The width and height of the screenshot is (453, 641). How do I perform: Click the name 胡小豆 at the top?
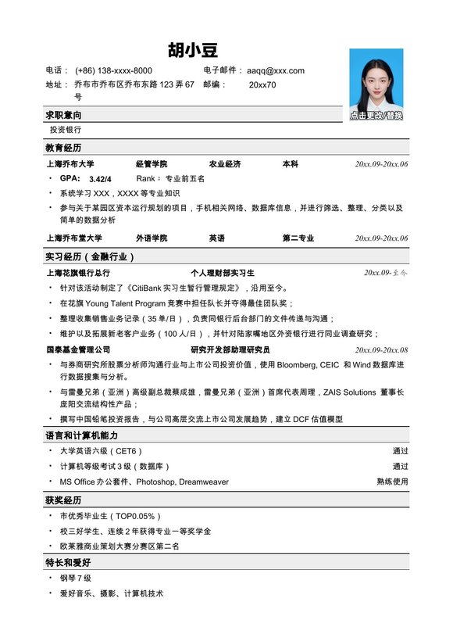pos(194,51)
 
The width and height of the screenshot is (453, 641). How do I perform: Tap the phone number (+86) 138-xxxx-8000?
pos(113,70)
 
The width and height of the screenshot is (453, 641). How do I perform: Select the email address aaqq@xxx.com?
pos(275,70)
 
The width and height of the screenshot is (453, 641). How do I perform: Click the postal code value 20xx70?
pos(262,84)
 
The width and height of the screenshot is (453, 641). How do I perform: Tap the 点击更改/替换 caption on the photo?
pos(376,116)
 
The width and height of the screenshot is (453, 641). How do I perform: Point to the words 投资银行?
pos(65,130)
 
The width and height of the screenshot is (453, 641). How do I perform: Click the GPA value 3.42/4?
pos(101,179)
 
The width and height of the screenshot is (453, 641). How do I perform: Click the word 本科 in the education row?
pos(290,164)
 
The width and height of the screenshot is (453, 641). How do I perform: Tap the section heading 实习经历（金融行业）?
pos(91,256)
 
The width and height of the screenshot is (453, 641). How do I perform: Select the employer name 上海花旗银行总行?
pos(78,273)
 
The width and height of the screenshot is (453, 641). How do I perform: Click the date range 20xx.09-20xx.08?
pos(381,350)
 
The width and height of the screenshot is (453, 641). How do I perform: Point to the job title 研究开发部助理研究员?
pos(230,350)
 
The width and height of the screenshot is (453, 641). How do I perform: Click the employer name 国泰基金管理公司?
pos(78,350)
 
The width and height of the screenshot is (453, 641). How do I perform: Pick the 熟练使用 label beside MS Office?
pos(392,482)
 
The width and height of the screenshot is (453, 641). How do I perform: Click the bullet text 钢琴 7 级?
pos(76,578)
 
